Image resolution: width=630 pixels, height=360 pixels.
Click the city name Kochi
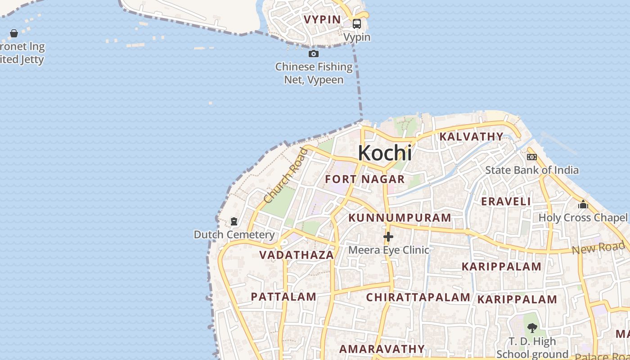pyautogui.click(x=385, y=153)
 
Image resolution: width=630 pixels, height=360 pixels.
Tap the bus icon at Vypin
pyautogui.click(x=357, y=24)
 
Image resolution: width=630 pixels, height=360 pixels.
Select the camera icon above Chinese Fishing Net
pyautogui.click(x=314, y=54)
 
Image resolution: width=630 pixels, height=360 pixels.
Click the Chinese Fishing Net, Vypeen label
pyautogui.click(x=314, y=73)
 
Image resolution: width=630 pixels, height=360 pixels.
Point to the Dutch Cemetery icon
pyautogui.click(x=234, y=221)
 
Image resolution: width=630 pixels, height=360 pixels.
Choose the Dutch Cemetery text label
pyautogui.click(x=234, y=234)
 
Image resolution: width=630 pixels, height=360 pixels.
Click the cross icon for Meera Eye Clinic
pyautogui.click(x=388, y=237)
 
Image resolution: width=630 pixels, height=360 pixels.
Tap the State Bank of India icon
pyautogui.click(x=532, y=157)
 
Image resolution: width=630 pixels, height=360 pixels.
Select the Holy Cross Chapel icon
pyautogui.click(x=583, y=205)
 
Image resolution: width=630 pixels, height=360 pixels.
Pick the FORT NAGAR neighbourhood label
pyautogui.click(x=365, y=179)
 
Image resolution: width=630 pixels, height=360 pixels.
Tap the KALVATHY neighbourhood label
pyautogui.click(x=471, y=136)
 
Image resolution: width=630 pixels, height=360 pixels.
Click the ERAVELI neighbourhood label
pyautogui.click(x=506, y=201)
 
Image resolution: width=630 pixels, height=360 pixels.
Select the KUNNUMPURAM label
pyautogui.click(x=400, y=218)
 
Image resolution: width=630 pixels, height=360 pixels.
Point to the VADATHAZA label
pyautogui.click(x=297, y=255)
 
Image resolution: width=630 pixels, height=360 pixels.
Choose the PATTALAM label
pyautogui.click(x=283, y=297)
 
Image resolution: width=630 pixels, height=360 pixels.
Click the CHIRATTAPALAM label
pyautogui.click(x=418, y=297)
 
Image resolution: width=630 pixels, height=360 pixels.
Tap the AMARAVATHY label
pyautogui.click(x=382, y=349)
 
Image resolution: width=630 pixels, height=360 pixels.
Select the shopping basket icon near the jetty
pyautogui.click(x=14, y=33)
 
